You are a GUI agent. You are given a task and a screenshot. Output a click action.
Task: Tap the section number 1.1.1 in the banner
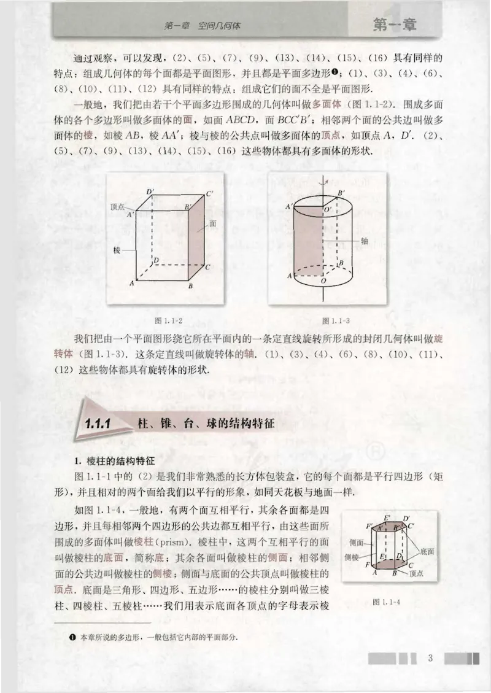(98, 423)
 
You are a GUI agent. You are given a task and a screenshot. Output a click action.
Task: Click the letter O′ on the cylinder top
(329, 209)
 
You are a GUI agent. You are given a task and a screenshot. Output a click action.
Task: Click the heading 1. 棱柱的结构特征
(107, 461)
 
